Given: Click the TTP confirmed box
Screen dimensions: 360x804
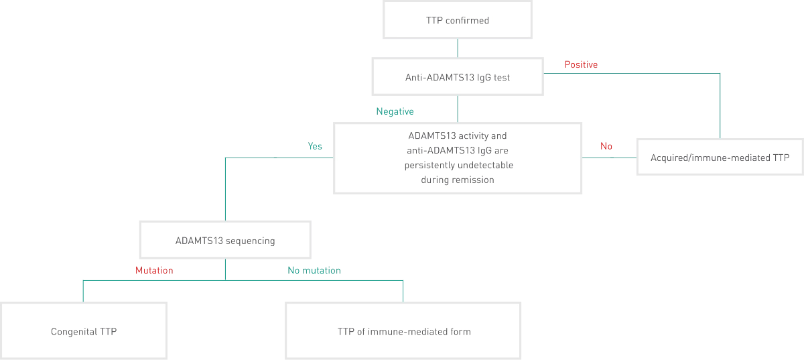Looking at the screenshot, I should (457, 20).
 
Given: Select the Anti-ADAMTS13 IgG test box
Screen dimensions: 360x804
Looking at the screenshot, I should (457, 77).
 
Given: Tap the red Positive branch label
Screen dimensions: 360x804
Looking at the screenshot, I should (580, 64).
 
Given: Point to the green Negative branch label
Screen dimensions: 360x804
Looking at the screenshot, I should (396, 112).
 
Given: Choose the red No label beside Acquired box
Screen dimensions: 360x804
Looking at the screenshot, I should (606, 145).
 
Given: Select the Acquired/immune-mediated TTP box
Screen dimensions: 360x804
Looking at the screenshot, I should (720, 158).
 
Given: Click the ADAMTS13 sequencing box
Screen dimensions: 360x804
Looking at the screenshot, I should (224, 241).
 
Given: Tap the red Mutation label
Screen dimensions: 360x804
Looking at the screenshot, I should (154, 272).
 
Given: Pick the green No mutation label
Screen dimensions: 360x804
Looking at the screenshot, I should (315, 272).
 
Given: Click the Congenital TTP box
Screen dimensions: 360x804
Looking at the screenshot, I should (84, 331).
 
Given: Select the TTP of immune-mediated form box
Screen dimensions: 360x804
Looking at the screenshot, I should (404, 331).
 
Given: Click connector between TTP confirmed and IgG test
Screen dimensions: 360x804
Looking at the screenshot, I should (458, 48).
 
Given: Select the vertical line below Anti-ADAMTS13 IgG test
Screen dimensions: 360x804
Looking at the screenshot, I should (458, 107).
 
